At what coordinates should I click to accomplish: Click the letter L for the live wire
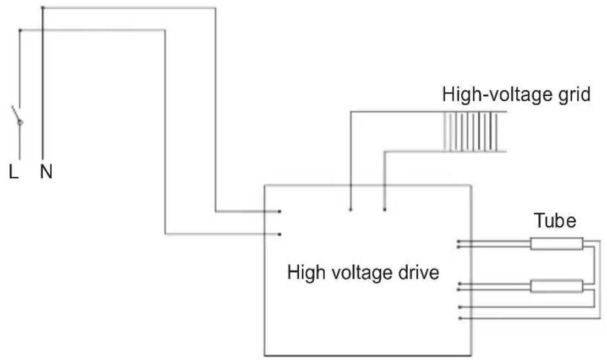[14, 172]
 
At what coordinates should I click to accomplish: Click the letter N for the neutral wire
[46, 172]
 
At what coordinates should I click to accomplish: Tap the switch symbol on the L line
[17, 116]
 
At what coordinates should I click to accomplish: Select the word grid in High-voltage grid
[574, 95]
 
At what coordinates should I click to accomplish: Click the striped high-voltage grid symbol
[471, 132]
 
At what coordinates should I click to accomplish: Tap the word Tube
[555, 221]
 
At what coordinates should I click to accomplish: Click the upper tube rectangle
[557, 244]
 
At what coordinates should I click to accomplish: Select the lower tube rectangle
[557, 286]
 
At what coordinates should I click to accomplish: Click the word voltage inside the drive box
[359, 273]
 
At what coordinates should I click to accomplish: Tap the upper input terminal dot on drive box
[280, 211]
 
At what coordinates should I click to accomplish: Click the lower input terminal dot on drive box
[280, 234]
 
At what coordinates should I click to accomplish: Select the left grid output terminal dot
[351, 210]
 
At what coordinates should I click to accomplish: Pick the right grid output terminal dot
[385, 210]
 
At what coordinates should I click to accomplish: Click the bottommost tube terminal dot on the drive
[460, 318]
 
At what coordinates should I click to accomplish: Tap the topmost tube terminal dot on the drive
[458, 242]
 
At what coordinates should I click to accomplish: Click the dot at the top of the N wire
[42, 8]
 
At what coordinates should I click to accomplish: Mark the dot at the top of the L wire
[20, 30]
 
